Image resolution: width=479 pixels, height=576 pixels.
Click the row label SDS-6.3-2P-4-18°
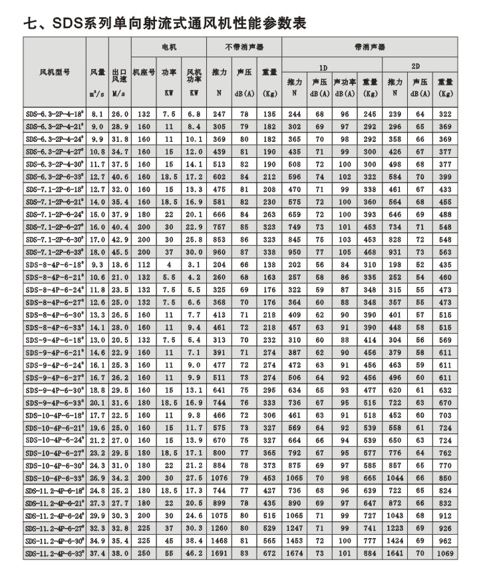tap(55, 115)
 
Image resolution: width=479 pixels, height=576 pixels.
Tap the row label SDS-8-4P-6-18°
tap(56, 265)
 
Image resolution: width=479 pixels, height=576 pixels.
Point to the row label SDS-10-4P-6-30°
tap(56, 465)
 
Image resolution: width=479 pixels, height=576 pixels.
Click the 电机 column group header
tap(170, 48)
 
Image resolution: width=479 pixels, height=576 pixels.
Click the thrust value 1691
tap(219, 553)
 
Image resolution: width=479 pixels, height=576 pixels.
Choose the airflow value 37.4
tap(98, 553)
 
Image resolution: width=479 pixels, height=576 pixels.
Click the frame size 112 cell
tap(144, 265)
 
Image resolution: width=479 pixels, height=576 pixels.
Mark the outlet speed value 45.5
tap(120, 252)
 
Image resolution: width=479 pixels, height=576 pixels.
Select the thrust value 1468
tap(219, 541)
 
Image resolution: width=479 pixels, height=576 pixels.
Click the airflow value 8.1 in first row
tap(98, 115)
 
